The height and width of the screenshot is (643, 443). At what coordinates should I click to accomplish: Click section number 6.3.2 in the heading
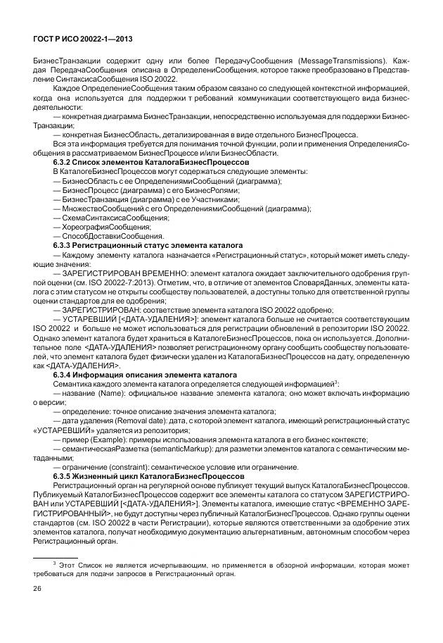click(x=64, y=162)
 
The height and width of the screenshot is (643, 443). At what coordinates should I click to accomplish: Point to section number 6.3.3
click(x=64, y=244)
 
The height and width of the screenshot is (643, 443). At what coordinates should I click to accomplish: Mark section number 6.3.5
click(x=64, y=477)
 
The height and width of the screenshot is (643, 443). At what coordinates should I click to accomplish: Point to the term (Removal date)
click(x=137, y=420)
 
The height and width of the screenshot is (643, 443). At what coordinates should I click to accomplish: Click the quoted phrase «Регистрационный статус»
click(x=231, y=254)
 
